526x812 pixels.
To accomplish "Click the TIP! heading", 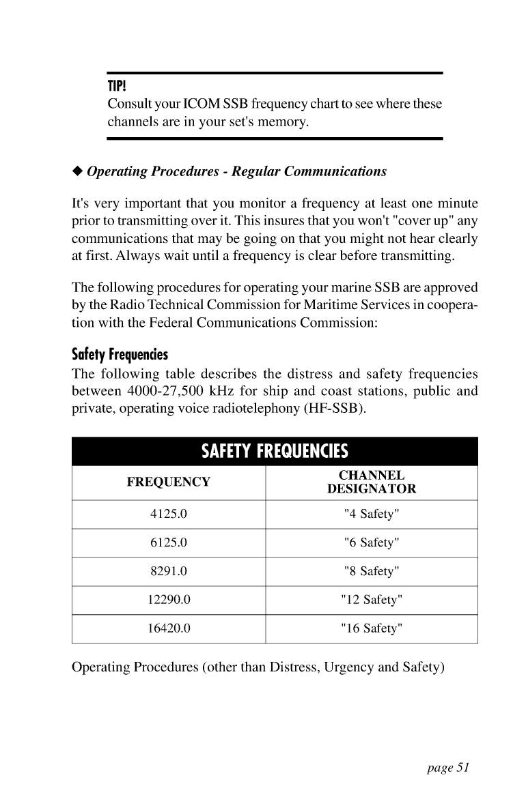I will (x=119, y=88).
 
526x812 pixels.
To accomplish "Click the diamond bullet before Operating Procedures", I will (x=77, y=171).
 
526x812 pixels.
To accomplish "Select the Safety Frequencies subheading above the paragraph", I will (x=120, y=356).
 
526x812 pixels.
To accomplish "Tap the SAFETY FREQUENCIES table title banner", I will (x=274, y=451).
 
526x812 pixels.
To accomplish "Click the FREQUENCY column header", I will (x=168, y=482).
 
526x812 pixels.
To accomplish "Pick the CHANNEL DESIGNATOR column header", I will (x=372, y=482).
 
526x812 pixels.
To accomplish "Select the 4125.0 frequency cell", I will (x=168, y=514).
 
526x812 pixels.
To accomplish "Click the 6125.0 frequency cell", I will (x=168, y=543).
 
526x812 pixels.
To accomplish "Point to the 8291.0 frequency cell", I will (x=168, y=572).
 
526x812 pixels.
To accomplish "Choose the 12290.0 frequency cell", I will (x=168, y=600).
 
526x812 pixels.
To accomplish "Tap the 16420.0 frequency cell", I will (x=168, y=629).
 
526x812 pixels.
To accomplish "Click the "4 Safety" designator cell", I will (x=372, y=514).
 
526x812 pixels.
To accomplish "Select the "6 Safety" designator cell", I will (x=372, y=543).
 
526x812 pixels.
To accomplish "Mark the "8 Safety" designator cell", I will (x=372, y=572).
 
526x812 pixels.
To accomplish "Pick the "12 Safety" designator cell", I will (x=372, y=600).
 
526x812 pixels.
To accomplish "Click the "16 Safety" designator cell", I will (x=372, y=629).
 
